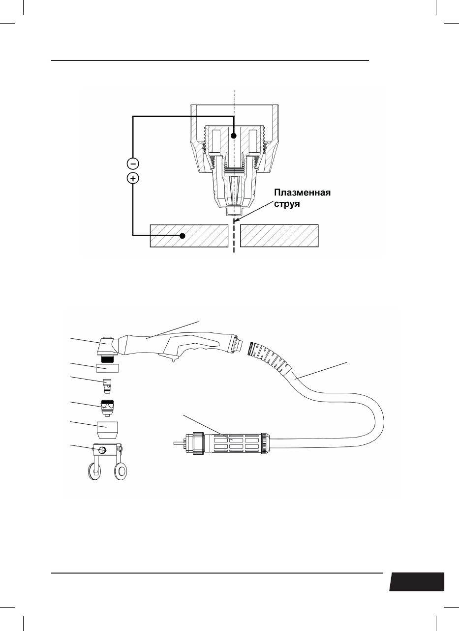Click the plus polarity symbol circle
[133, 178]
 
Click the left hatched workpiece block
[189, 235]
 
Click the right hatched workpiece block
[279, 235]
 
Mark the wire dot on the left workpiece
[183, 235]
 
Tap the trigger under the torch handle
[173, 359]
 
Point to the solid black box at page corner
[417, 582]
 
